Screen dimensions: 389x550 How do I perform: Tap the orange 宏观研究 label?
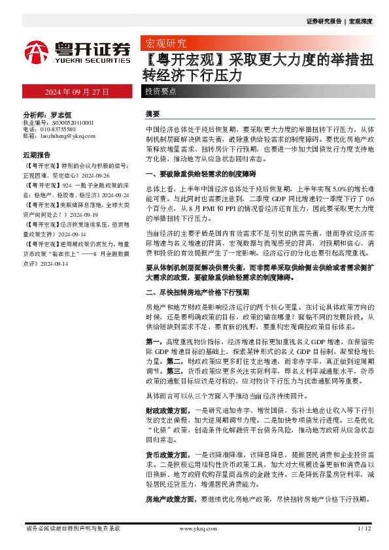point(165,44)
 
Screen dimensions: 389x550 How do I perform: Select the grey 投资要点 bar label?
point(161,91)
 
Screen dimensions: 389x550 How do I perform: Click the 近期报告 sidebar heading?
point(37,155)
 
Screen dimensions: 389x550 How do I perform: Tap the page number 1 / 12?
point(365,528)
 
